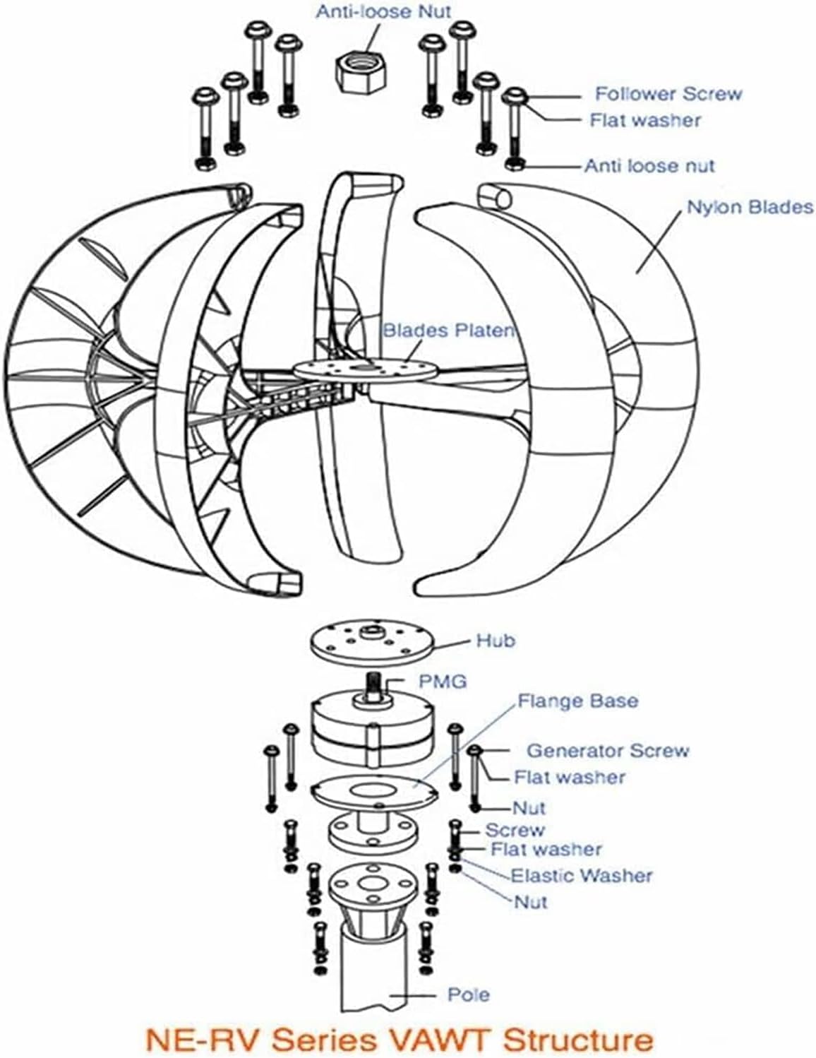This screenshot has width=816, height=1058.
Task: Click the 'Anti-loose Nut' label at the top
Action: point(383,12)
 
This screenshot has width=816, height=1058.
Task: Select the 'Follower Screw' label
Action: point(668,94)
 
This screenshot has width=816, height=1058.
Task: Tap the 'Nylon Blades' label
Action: point(749,207)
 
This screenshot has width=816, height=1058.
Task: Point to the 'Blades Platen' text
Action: point(448,330)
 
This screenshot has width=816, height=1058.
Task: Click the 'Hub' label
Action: point(496,641)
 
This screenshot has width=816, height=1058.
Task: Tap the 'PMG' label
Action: point(443,682)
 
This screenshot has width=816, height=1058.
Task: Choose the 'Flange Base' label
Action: point(577,701)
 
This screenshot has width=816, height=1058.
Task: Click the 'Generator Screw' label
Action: point(607,750)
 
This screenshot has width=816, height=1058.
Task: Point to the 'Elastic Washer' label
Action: point(581,876)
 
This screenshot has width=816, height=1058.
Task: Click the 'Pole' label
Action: point(468,994)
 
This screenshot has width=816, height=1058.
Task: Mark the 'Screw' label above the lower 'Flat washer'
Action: point(515,831)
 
